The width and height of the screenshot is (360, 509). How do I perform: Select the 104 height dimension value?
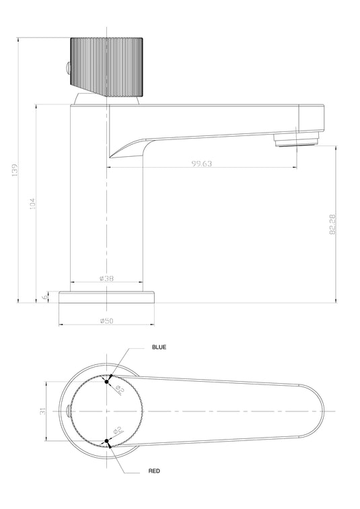pos(32,204)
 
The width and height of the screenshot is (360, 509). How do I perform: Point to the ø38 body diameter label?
pos(106,278)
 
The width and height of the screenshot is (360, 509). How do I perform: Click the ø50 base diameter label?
pos(106,320)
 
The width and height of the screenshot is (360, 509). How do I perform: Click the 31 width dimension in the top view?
pos(42,410)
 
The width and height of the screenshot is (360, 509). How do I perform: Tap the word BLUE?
pos(159,347)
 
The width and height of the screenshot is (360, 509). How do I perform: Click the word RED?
pos(154,471)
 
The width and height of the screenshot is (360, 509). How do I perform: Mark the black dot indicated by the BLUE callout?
pos(106,380)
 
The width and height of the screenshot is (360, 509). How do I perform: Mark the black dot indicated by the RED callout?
pos(106,442)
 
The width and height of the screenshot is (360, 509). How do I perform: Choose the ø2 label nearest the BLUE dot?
pos(119,388)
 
